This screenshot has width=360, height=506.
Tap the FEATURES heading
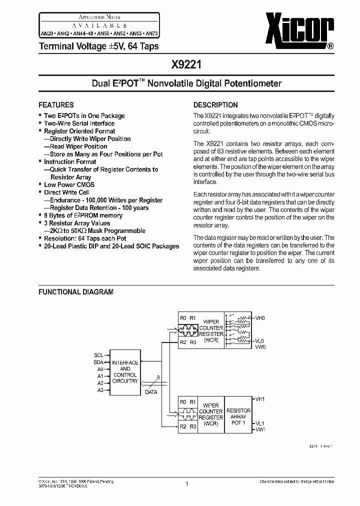(56, 105)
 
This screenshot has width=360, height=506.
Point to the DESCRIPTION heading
(215, 105)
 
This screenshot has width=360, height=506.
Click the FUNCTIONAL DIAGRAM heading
(76, 292)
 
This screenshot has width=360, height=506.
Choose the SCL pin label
(98, 355)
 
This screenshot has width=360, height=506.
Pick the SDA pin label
(98, 362)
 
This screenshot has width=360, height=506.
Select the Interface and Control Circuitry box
(124, 372)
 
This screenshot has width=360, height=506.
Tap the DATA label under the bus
(151, 392)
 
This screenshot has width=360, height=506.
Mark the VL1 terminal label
(260, 423)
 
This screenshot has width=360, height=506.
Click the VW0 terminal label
(260, 346)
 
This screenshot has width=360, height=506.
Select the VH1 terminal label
(260, 399)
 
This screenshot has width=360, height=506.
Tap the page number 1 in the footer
(186, 484)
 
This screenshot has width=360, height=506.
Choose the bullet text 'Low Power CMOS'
(69, 184)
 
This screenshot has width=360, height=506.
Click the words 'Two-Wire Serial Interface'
(79, 123)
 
